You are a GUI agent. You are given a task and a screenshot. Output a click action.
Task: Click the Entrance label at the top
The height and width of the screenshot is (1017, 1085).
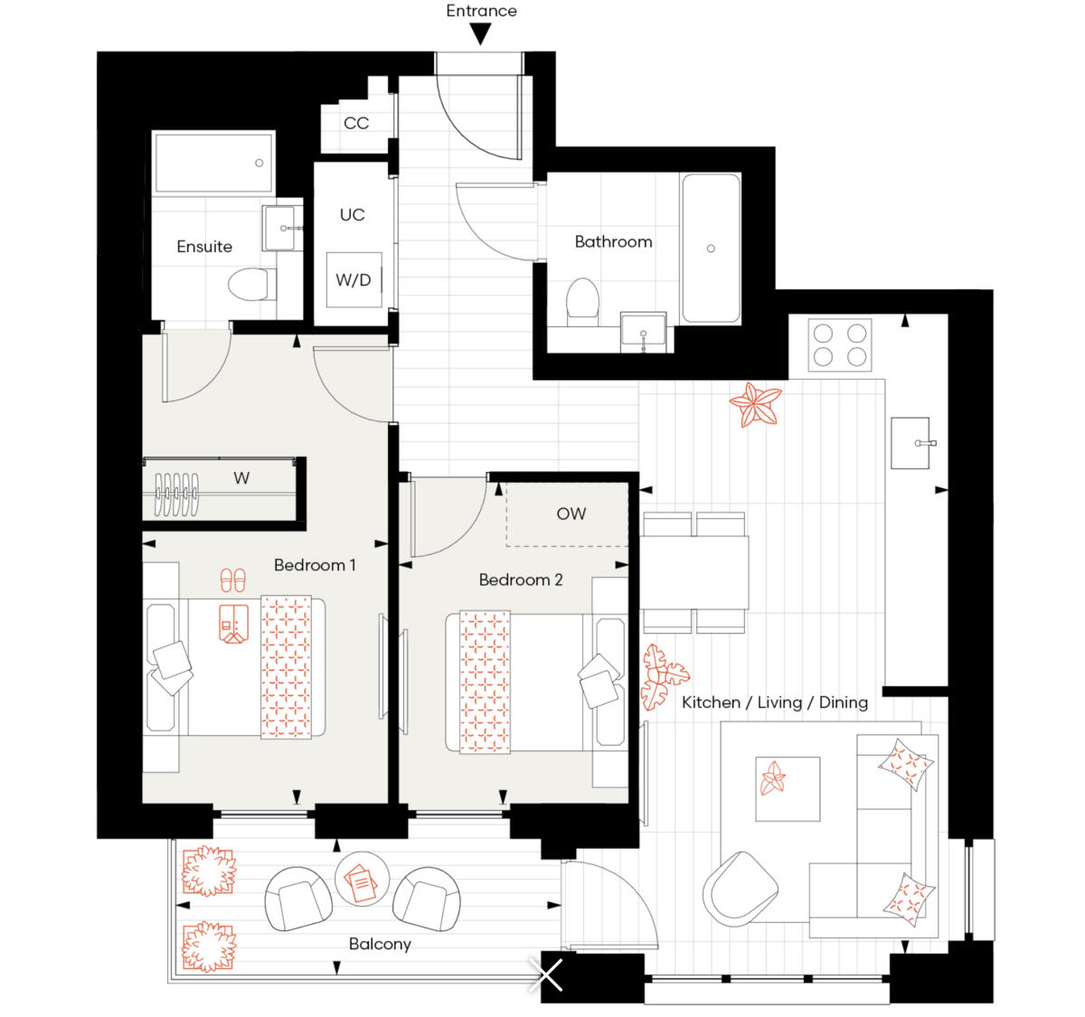tap(481, 11)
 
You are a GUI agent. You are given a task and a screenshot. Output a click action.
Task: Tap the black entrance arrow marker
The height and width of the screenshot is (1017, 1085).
tap(481, 34)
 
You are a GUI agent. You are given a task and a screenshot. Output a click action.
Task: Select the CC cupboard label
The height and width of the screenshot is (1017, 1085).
tap(356, 123)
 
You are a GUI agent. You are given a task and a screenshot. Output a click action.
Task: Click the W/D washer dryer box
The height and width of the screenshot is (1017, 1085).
tap(354, 279)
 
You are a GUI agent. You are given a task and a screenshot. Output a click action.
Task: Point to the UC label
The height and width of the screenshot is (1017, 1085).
tap(352, 215)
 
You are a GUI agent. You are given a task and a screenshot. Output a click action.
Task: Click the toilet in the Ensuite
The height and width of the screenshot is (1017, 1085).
tap(250, 285)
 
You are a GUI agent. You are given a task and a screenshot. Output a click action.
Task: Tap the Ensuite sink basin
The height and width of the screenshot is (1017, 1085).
tap(283, 228)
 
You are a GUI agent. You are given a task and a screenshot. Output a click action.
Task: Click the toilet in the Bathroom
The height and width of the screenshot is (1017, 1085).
tap(582, 300)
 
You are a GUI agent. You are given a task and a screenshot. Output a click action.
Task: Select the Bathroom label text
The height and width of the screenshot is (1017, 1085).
tap(613, 241)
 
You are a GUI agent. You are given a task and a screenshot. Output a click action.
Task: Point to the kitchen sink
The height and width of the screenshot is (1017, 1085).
tap(910, 443)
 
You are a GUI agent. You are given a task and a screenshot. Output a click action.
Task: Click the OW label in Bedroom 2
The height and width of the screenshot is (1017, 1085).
tap(571, 513)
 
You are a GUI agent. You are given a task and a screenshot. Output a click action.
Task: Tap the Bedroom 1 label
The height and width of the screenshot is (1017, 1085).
tap(315, 565)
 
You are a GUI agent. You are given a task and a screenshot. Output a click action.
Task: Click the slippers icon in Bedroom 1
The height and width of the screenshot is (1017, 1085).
tap(232, 579)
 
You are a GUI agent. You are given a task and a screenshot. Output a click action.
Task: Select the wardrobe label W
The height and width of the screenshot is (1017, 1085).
tap(241, 478)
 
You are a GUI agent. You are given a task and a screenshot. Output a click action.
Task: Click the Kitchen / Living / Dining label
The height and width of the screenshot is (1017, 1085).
tap(775, 702)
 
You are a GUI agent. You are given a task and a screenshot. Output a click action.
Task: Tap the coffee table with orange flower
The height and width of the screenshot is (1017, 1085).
tap(788, 788)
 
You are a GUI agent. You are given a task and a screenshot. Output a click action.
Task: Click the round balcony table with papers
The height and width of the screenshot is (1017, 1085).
tap(363, 880)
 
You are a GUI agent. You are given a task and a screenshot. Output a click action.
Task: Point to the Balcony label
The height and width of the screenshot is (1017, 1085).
tap(380, 944)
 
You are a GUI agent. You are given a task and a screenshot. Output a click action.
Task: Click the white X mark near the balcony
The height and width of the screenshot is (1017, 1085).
tap(549, 975)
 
